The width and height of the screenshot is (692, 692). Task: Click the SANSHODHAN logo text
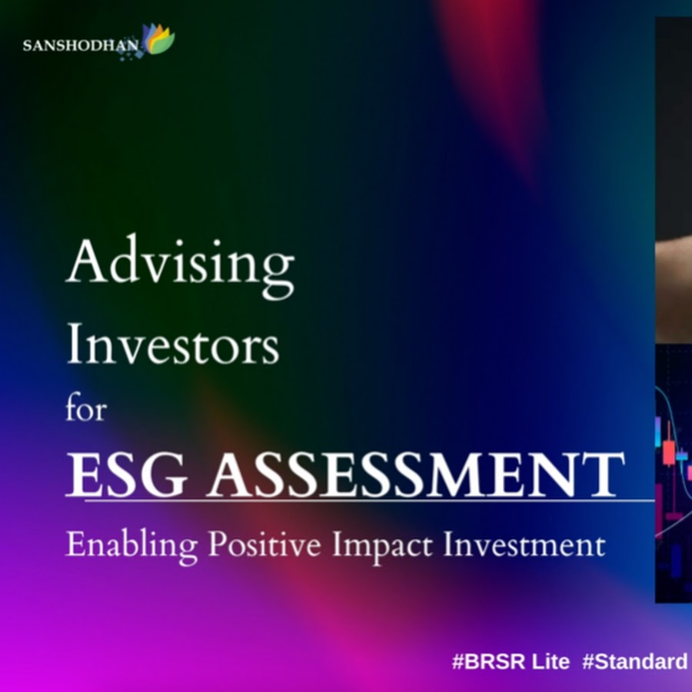click(81, 45)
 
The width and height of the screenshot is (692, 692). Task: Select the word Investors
click(172, 344)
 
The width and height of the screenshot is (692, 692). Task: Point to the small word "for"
click(86, 407)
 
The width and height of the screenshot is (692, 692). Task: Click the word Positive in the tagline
click(264, 544)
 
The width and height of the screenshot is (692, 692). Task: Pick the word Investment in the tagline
click(524, 544)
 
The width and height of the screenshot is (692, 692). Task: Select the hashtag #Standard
click(634, 661)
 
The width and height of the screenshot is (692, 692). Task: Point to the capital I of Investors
click(76, 343)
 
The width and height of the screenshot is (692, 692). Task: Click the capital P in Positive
click(219, 544)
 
